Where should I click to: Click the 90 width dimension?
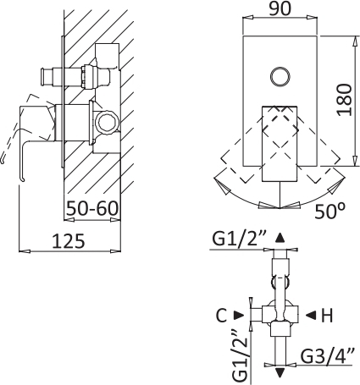click(x=280, y=8)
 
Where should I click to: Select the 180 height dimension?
click(x=345, y=100)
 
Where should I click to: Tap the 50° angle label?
click(x=330, y=211)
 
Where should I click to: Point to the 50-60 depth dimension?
click(x=92, y=209)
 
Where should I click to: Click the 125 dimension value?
click(x=69, y=241)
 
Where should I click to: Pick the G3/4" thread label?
click(x=327, y=357)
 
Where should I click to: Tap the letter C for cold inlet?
click(x=222, y=316)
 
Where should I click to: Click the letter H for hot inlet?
click(x=327, y=316)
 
